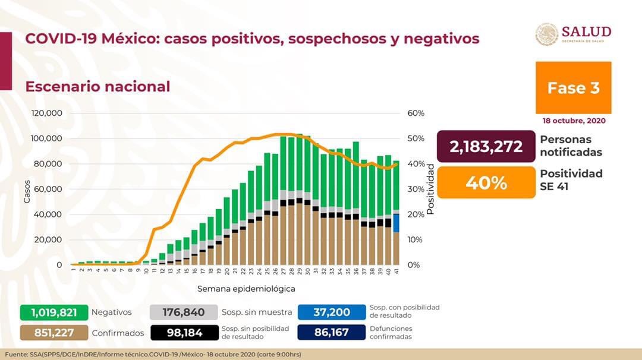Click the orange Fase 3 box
pyautogui.click(x=573, y=87)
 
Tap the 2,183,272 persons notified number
pyautogui.click(x=486, y=146)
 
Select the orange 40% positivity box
pyautogui.click(x=486, y=182)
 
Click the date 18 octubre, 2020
pyautogui.click(x=574, y=121)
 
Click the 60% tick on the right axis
pyautogui.click(x=416, y=113)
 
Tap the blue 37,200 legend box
pyautogui.click(x=331, y=312)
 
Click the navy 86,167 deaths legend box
pyautogui.click(x=331, y=333)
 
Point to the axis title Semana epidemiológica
pyautogui.click(x=247, y=289)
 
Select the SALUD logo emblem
pyautogui.click(x=546, y=34)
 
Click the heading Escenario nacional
pyautogui.click(x=97, y=86)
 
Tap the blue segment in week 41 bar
pyautogui.click(x=396, y=222)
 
